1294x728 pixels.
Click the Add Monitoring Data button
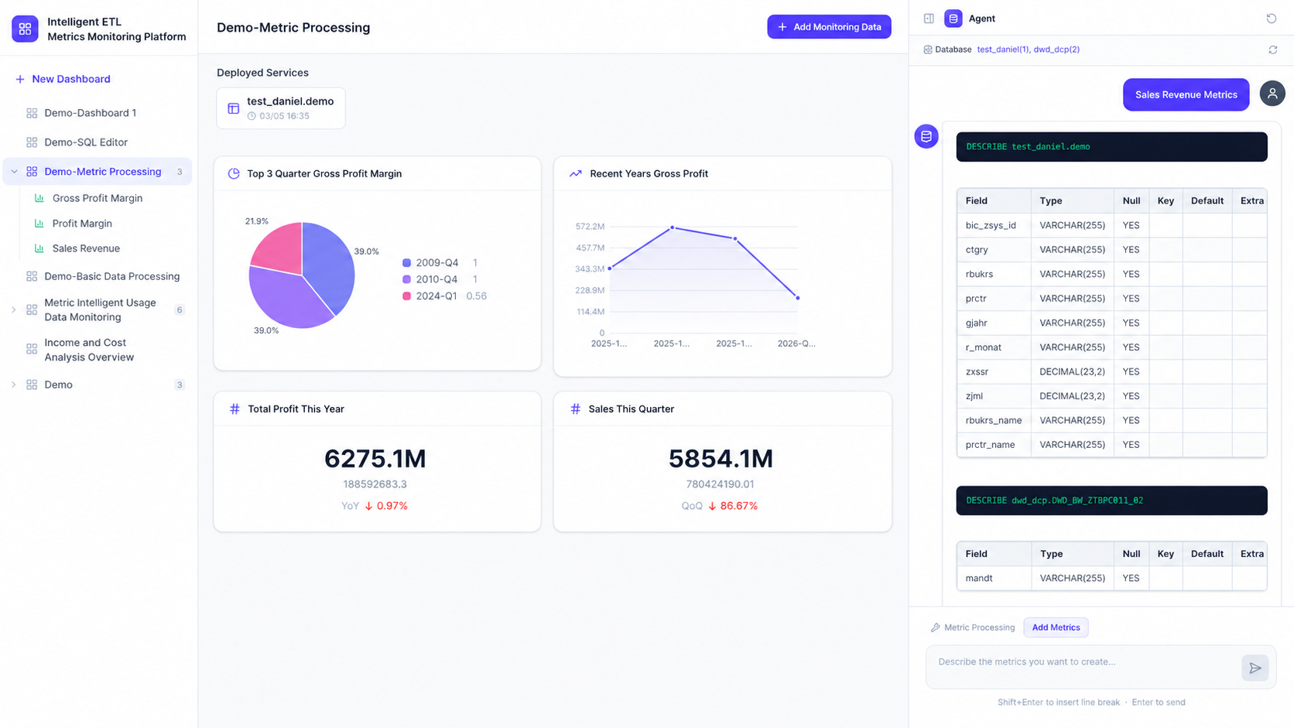point(829,27)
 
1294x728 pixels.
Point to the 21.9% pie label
point(256,221)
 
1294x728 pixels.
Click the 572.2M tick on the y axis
point(590,227)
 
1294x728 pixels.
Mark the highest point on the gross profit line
point(673,227)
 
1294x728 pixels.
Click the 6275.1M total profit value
point(375,459)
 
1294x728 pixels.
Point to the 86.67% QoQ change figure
point(738,506)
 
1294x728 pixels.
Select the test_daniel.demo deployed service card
point(281,108)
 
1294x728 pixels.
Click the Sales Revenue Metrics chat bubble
point(1186,94)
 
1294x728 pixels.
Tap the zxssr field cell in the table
point(977,372)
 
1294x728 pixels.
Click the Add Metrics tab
point(1056,627)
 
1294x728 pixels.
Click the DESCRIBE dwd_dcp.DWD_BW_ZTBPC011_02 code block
point(1111,501)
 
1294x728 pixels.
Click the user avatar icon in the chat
point(1272,94)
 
